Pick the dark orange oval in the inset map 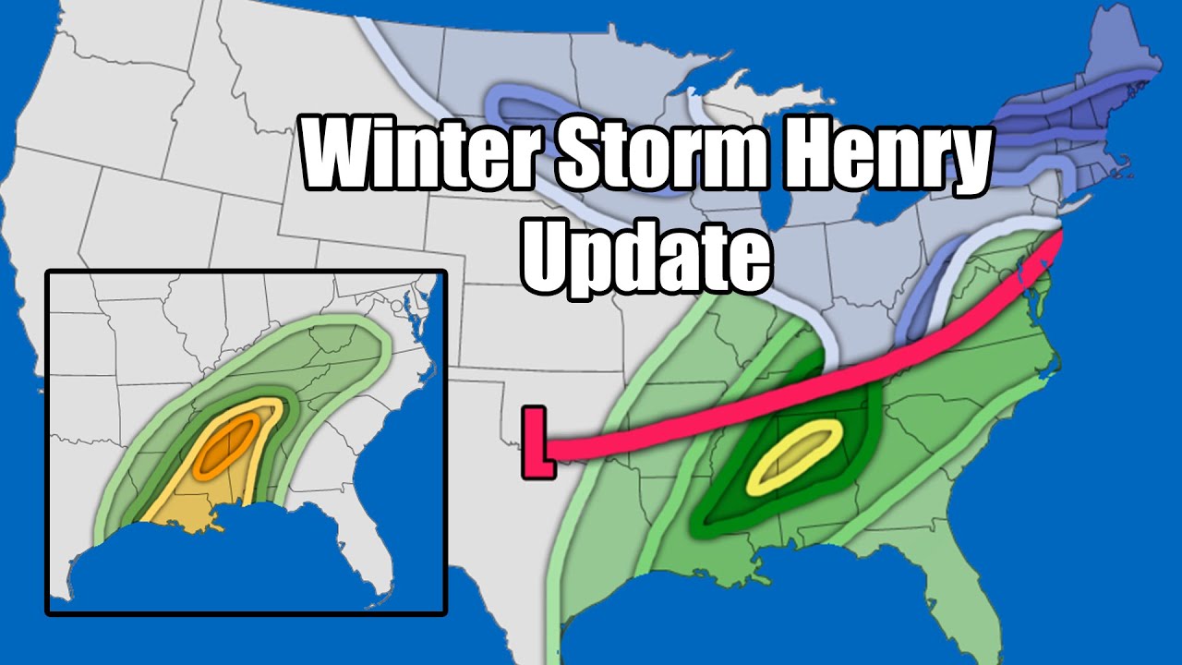coord(228,441)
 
